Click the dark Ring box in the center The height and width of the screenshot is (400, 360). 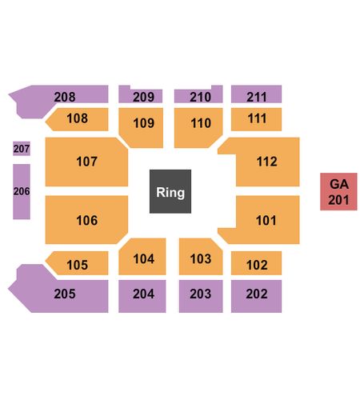[170, 191]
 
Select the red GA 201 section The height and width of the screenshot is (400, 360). [338, 191]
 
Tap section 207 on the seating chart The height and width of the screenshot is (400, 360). [22, 149]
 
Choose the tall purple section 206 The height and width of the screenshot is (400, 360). [22, 191]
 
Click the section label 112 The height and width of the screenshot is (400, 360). [267, 162]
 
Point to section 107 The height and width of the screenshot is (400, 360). [86, 162]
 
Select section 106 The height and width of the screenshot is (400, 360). [86, 220]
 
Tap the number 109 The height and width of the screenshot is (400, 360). [144, 123]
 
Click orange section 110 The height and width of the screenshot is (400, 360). [198, 127]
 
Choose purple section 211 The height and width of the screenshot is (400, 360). [256, 94]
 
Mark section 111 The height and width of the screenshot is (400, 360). [256, 119]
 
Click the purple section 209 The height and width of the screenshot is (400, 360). [141, 95]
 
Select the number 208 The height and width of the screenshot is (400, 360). [65, 97]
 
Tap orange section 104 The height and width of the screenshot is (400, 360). [142, 257]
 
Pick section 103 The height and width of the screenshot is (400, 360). [201, 257]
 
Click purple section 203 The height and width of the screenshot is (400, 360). [201, 296]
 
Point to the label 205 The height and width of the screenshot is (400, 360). [65, 294]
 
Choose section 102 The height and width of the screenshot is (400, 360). [256, 263]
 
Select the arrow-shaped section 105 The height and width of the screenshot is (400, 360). [78, 263]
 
